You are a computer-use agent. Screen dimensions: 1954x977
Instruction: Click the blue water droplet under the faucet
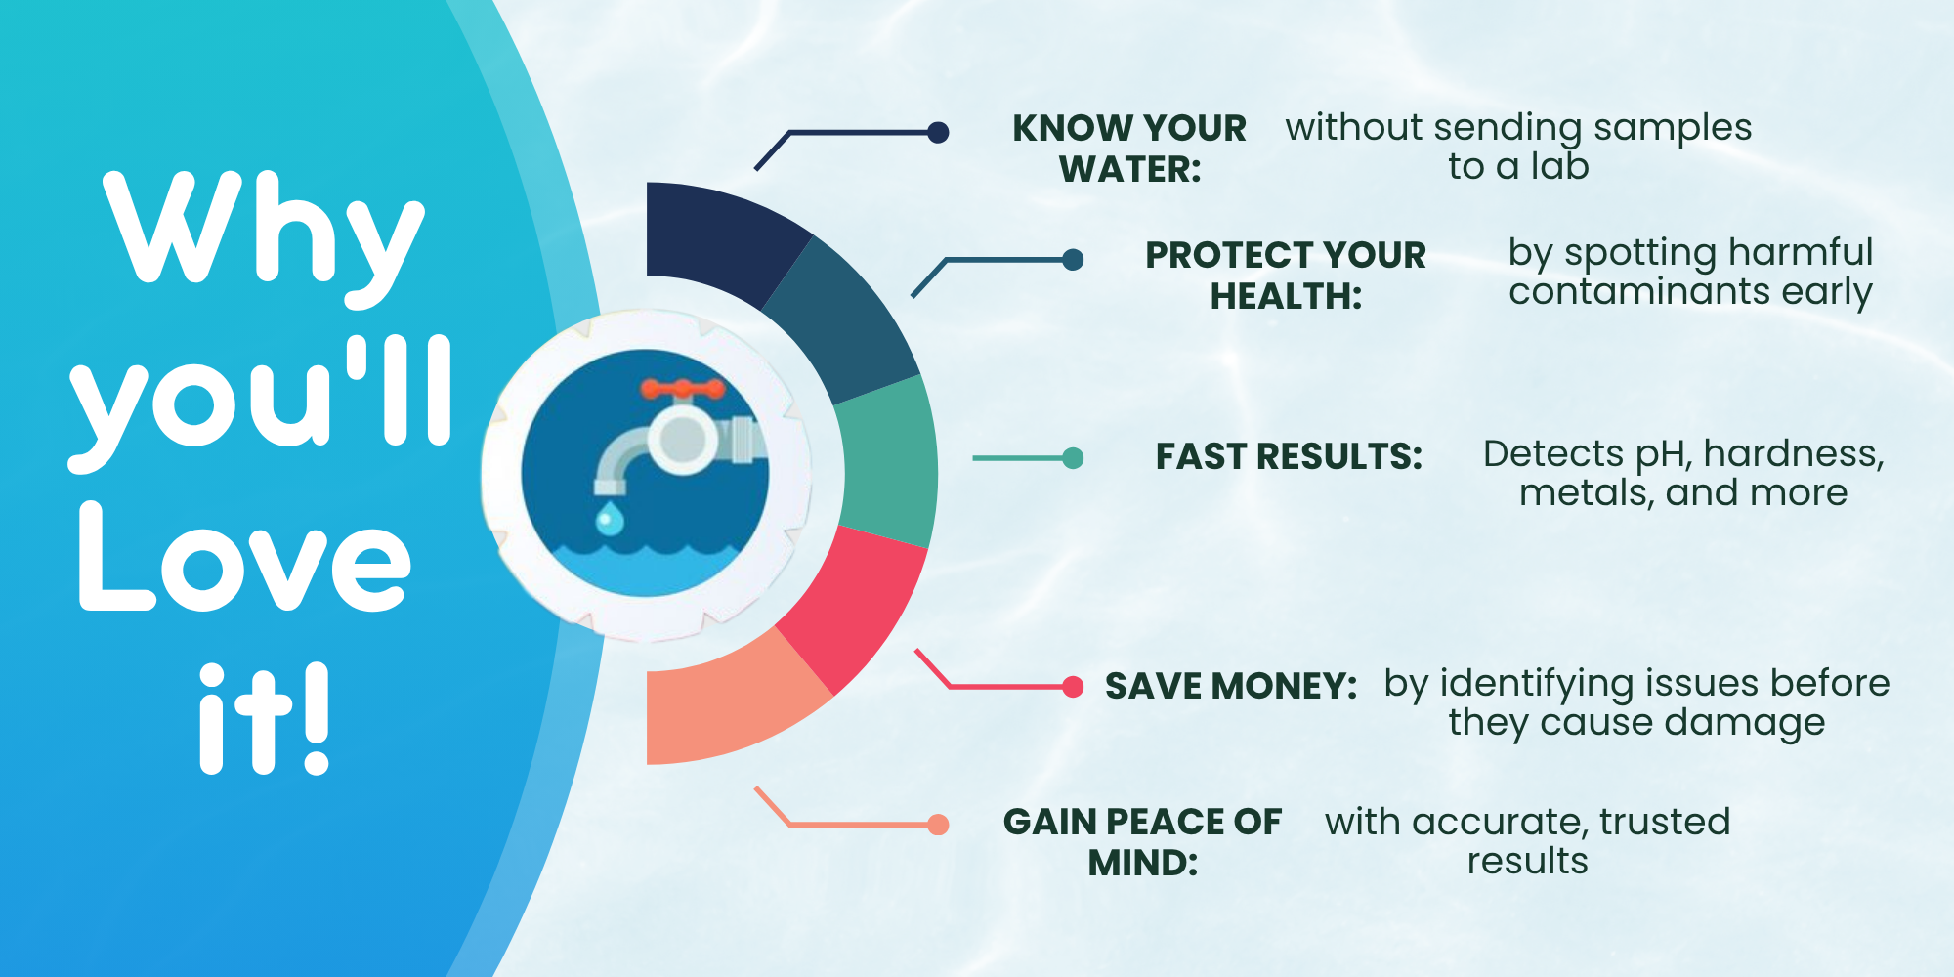[x=610, y=518]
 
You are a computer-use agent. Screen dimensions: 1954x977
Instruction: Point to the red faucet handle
[x=683, y=390]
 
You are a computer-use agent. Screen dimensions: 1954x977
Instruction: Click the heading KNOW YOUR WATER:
[x=1129, y=149]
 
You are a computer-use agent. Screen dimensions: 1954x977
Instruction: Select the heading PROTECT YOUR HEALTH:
[x=1286, y=276]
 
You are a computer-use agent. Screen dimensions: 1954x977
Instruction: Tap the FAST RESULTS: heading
[x=1289, y=456]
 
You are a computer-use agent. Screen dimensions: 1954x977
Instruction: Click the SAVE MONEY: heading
[x=1231, y=686]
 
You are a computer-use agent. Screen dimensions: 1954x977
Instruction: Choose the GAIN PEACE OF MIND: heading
[x=1142, y=842]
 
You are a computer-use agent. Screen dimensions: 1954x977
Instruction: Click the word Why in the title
[x=264, y=239]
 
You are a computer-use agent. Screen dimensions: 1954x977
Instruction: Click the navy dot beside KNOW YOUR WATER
[x=938, y=132]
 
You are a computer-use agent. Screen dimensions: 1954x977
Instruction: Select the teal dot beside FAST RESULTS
[x=1073, y=457]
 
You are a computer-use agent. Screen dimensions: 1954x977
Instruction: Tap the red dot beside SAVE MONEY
[x=1073, y=687]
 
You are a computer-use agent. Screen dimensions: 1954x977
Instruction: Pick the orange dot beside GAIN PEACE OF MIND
[x=938, y=825]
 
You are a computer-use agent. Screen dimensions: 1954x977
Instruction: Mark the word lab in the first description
[x=1559, y=166]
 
